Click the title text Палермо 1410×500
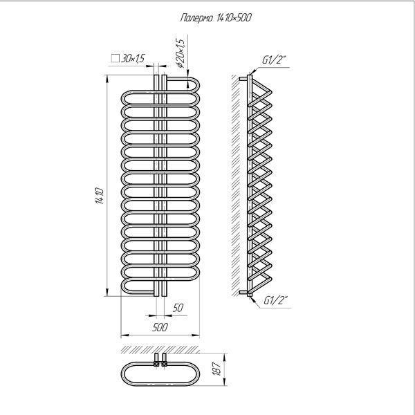(x=216, y=18)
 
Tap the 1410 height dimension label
(x=100, y=196)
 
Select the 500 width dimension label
(x=160, y=327)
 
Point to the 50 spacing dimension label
(x=178, y=308)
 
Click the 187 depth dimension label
(x=216, y=369)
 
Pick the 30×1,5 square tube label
(x=133, y=58)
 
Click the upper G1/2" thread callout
(x=275, y=60)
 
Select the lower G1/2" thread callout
(x=276, y=300)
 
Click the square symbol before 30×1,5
(x=116, y=58)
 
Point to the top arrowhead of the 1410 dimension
(x=107, y=79)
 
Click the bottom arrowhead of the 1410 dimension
(x=107, y=292)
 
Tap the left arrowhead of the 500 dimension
(x=124, y=335)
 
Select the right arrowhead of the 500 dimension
(x=196, y=335)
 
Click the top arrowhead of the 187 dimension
(x=224, y=358)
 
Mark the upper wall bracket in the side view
(x=243, y=79)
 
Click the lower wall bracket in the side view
(x=243, y=293)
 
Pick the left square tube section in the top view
(x=156, y=364)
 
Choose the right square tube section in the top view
(x=165, y=364)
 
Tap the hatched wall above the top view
(x=160, y=349)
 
